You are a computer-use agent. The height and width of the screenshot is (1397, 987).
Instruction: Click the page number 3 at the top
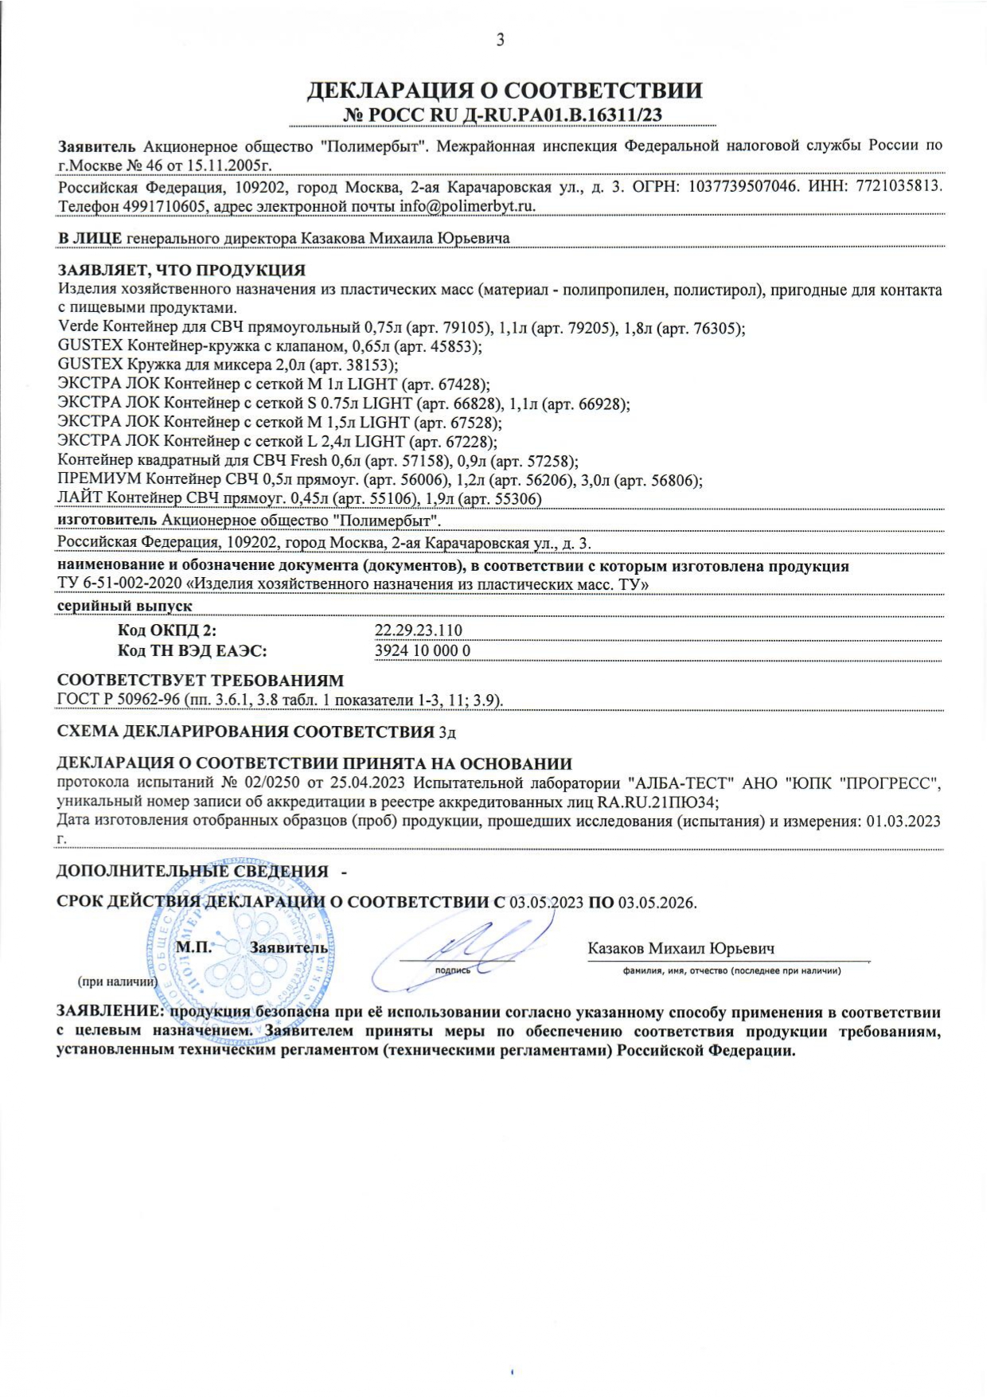click(500, 41)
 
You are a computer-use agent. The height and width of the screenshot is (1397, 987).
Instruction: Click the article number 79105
click(463, 328)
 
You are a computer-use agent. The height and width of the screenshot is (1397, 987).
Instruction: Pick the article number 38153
click(368, 365)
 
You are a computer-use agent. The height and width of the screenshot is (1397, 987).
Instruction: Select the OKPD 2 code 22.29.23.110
click(418, 630)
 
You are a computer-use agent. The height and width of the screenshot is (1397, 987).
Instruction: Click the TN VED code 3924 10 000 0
click(423, 650)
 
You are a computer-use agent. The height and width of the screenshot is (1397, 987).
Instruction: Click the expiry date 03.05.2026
click(657, 903)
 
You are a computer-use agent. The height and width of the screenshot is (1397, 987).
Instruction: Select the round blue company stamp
click(241, 951)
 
